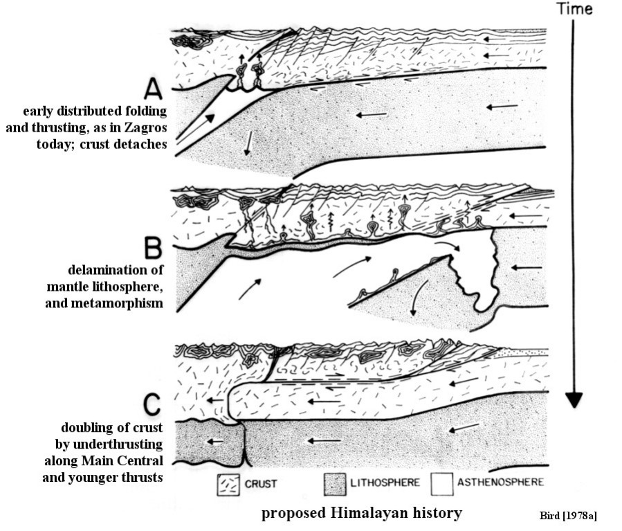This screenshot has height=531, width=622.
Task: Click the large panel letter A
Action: (154, 89)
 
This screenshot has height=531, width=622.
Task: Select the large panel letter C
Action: (152, 404)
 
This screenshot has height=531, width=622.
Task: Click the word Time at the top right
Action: (574, 9)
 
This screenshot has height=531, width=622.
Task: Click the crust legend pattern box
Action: (228, 485)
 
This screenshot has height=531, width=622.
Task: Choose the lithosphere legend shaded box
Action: (335, 484)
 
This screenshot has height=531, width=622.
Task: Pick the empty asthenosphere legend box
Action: (442, 484)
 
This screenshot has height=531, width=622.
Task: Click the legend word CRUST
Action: (261, 484)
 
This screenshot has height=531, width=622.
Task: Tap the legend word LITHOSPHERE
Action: (385, 483)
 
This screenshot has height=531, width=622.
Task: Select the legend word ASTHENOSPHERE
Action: (500, 482)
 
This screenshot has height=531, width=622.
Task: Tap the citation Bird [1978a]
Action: (568, 516)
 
